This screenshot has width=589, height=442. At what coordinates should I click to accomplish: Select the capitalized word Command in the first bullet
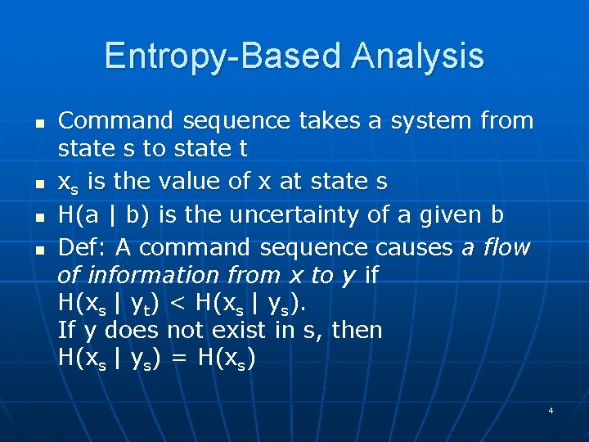click(117, 121)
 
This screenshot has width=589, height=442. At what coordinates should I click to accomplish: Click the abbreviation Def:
click(83, 246)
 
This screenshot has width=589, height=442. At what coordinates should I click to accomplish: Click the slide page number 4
click(551, 409)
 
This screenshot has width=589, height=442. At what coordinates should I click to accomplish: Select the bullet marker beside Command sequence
click(38, 122)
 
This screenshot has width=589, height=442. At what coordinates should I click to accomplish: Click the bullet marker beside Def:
click(38, 248)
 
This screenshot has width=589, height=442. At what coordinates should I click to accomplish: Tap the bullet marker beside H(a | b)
click(38, 216)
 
